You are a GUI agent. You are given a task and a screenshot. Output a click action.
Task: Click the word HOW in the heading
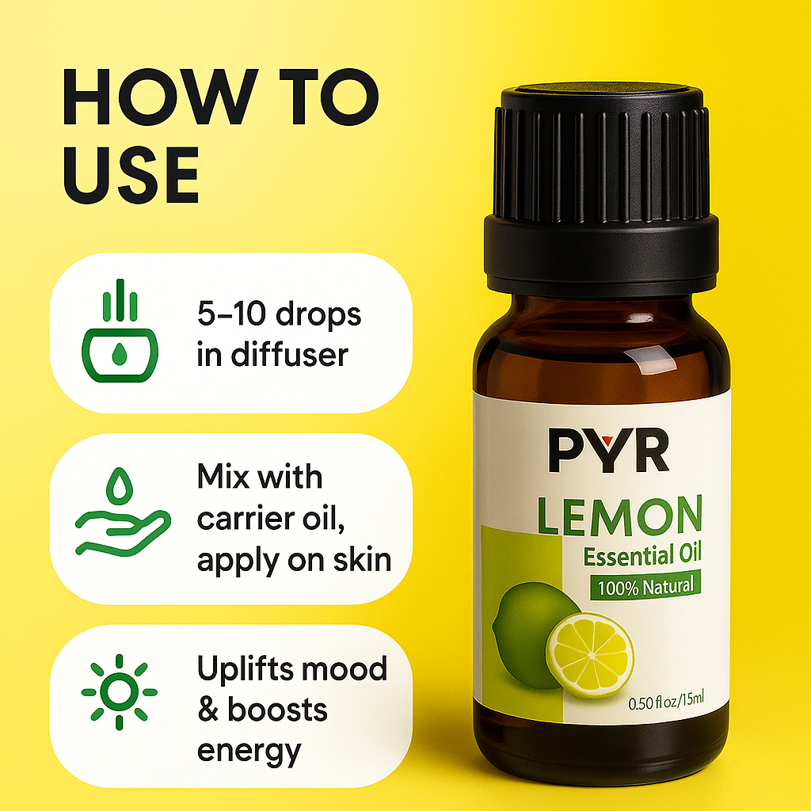pyautogui.click(x=160, y=97)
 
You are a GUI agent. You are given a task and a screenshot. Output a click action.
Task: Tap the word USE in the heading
pyautogui.click(x=131, y=175)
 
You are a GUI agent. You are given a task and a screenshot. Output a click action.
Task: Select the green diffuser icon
pyautogui.click(x=120, y=331)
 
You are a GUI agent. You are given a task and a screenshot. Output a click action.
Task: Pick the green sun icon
pyautogui.click(x=120, y=692)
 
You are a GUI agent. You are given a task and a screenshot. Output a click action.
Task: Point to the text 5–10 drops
pyautogui.click(x=279, y=314)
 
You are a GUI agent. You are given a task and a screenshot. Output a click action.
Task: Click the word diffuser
pyautogui.click(x=290, y=355)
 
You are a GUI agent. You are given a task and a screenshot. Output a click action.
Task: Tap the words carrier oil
pyautogui.click(x=271, y=519)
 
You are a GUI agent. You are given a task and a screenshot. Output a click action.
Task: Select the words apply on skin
pyautogui.click(x=295, y=562)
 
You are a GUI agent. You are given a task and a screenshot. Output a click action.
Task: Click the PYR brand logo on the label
pyautogui.click(x=608, y=450)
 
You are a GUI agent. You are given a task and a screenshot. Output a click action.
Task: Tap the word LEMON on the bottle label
pyautogui.click(x=619, y=516)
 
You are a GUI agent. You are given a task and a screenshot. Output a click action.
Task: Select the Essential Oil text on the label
pyautogui.click(x=642, y=555)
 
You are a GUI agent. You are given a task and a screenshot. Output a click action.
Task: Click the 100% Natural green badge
pyautogui.click(x=645, y=587)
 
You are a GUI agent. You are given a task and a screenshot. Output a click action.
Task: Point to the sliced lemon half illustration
pyautogui.click(x=591, y=655)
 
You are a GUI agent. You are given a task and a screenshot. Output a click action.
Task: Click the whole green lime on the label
pyautogui.click(x=533, y=634)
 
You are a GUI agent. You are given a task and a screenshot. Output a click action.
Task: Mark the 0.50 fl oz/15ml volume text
pyautogui.click(x=666, y=702)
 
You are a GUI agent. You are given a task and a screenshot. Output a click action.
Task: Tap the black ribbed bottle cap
pyautogui.click(x=601, y=188)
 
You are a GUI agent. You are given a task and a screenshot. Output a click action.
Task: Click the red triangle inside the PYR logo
pyautogui.click(x=607, y=440)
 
